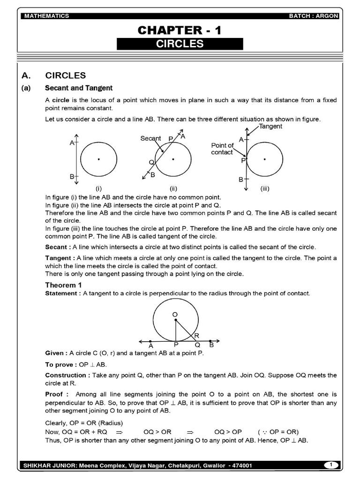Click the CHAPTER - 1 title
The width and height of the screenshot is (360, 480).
tap(180, 30)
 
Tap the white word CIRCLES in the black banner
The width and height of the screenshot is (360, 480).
tap(180, 44)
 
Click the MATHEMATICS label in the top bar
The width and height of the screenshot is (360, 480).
tap(46, 16)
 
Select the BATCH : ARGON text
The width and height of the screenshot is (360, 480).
tap(314, 16)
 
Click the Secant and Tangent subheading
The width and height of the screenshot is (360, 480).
tap(79, 88)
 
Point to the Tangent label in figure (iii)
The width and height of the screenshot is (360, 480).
tap(270, 127)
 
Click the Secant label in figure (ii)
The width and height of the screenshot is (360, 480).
tap(150, 138)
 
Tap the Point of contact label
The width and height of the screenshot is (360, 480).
tap(222, 149)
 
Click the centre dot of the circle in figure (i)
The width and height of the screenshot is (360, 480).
tap(98, 159)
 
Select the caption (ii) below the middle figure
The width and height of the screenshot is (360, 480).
tap(173, 189)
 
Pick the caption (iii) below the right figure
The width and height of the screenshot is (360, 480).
tap(265, 189)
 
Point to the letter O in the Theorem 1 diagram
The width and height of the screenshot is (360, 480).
tap(174, 314)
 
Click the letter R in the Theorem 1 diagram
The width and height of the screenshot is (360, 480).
tap(196, 335)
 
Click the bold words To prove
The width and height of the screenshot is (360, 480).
tap(59, 364)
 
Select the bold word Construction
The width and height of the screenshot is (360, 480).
tap(66, 375)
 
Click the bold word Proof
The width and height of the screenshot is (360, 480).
tap(55, 394)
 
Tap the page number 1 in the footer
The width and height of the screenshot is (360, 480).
tap(331, 465)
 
